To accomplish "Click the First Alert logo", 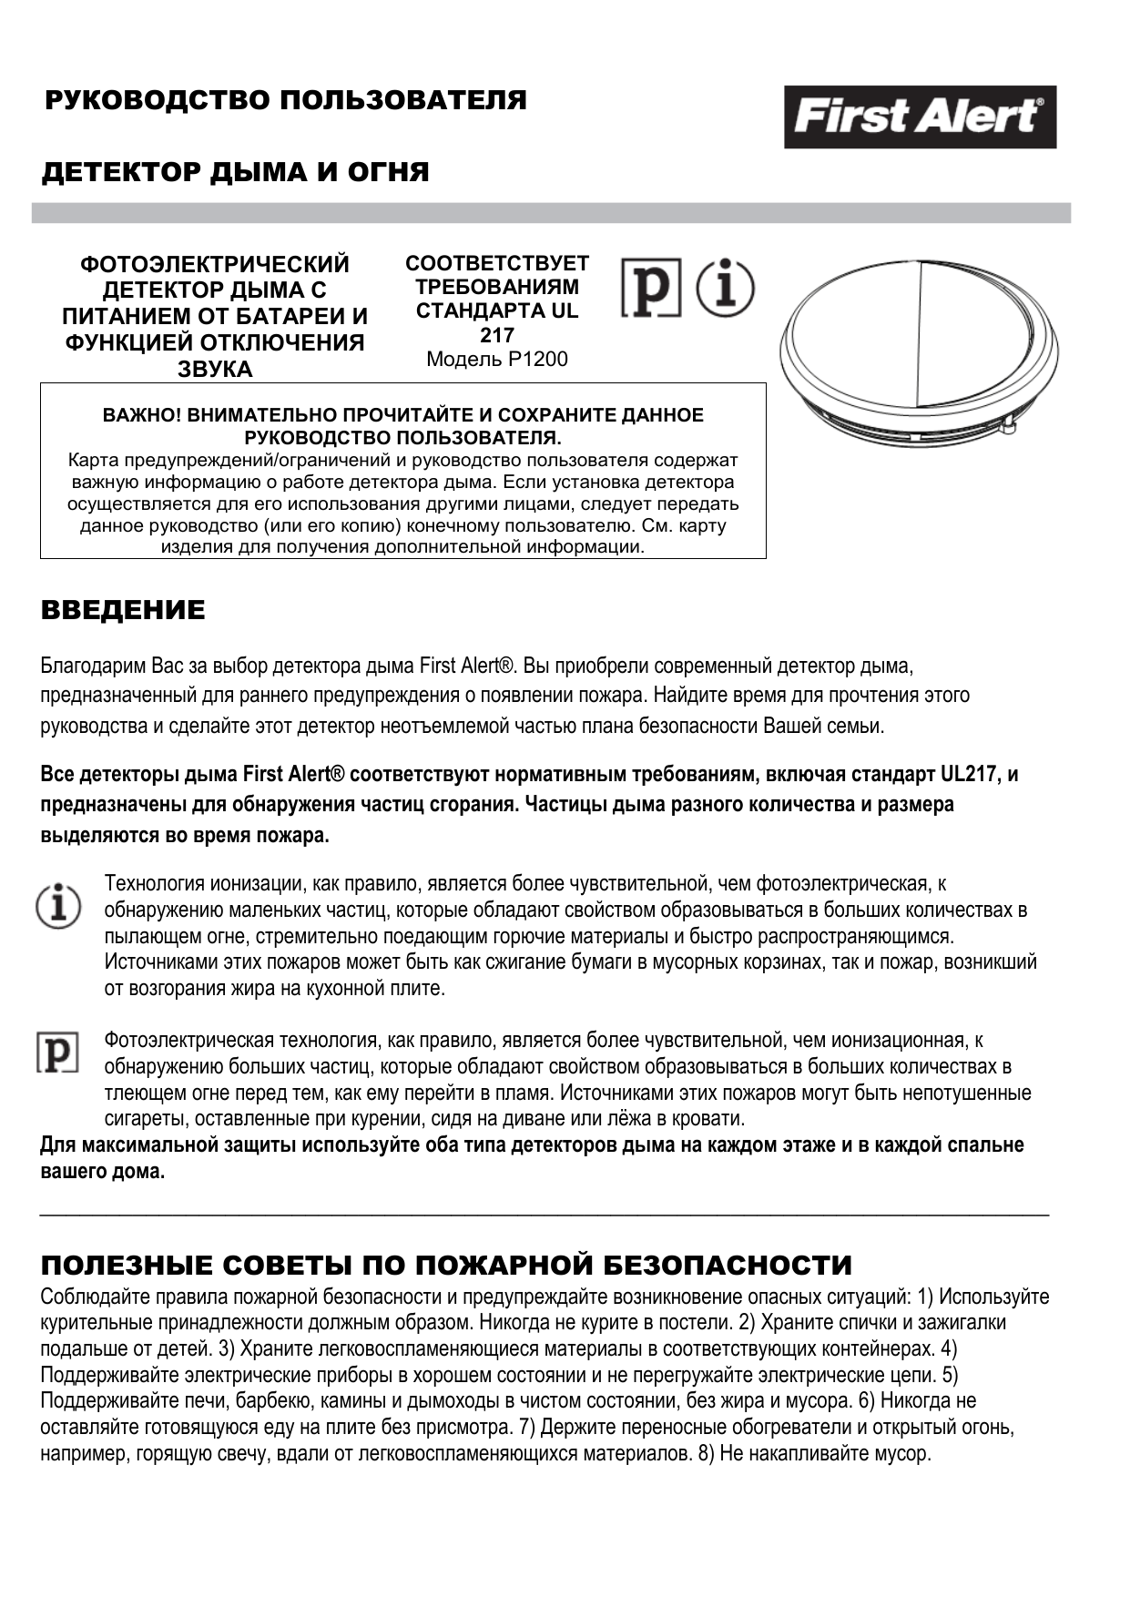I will [x=920, y=117].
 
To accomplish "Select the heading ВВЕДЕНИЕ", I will [x=123, y=610].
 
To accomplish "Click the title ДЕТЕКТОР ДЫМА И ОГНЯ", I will [x=235, y=172].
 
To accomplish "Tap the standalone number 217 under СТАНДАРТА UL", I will [x=497, y=335].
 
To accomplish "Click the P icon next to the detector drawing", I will [x=651, y=288].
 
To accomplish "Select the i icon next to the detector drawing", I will [x=725, y=288].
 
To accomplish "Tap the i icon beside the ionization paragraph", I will [x=58, y=907].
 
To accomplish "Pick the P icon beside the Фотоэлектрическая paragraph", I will [x=56, y=1052].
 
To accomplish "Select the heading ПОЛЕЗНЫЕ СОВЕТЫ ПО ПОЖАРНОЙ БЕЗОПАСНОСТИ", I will [x=446, y=1265].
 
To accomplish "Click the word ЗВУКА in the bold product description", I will [x=215, y=369].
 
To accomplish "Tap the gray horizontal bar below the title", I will [x=551, y=213].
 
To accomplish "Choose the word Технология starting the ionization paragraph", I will [x=154, y=883].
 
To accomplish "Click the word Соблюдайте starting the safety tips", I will [x=90, y=1297].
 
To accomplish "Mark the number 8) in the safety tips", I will [x=707, y=1453].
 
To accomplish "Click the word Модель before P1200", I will [x=464, y=360].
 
